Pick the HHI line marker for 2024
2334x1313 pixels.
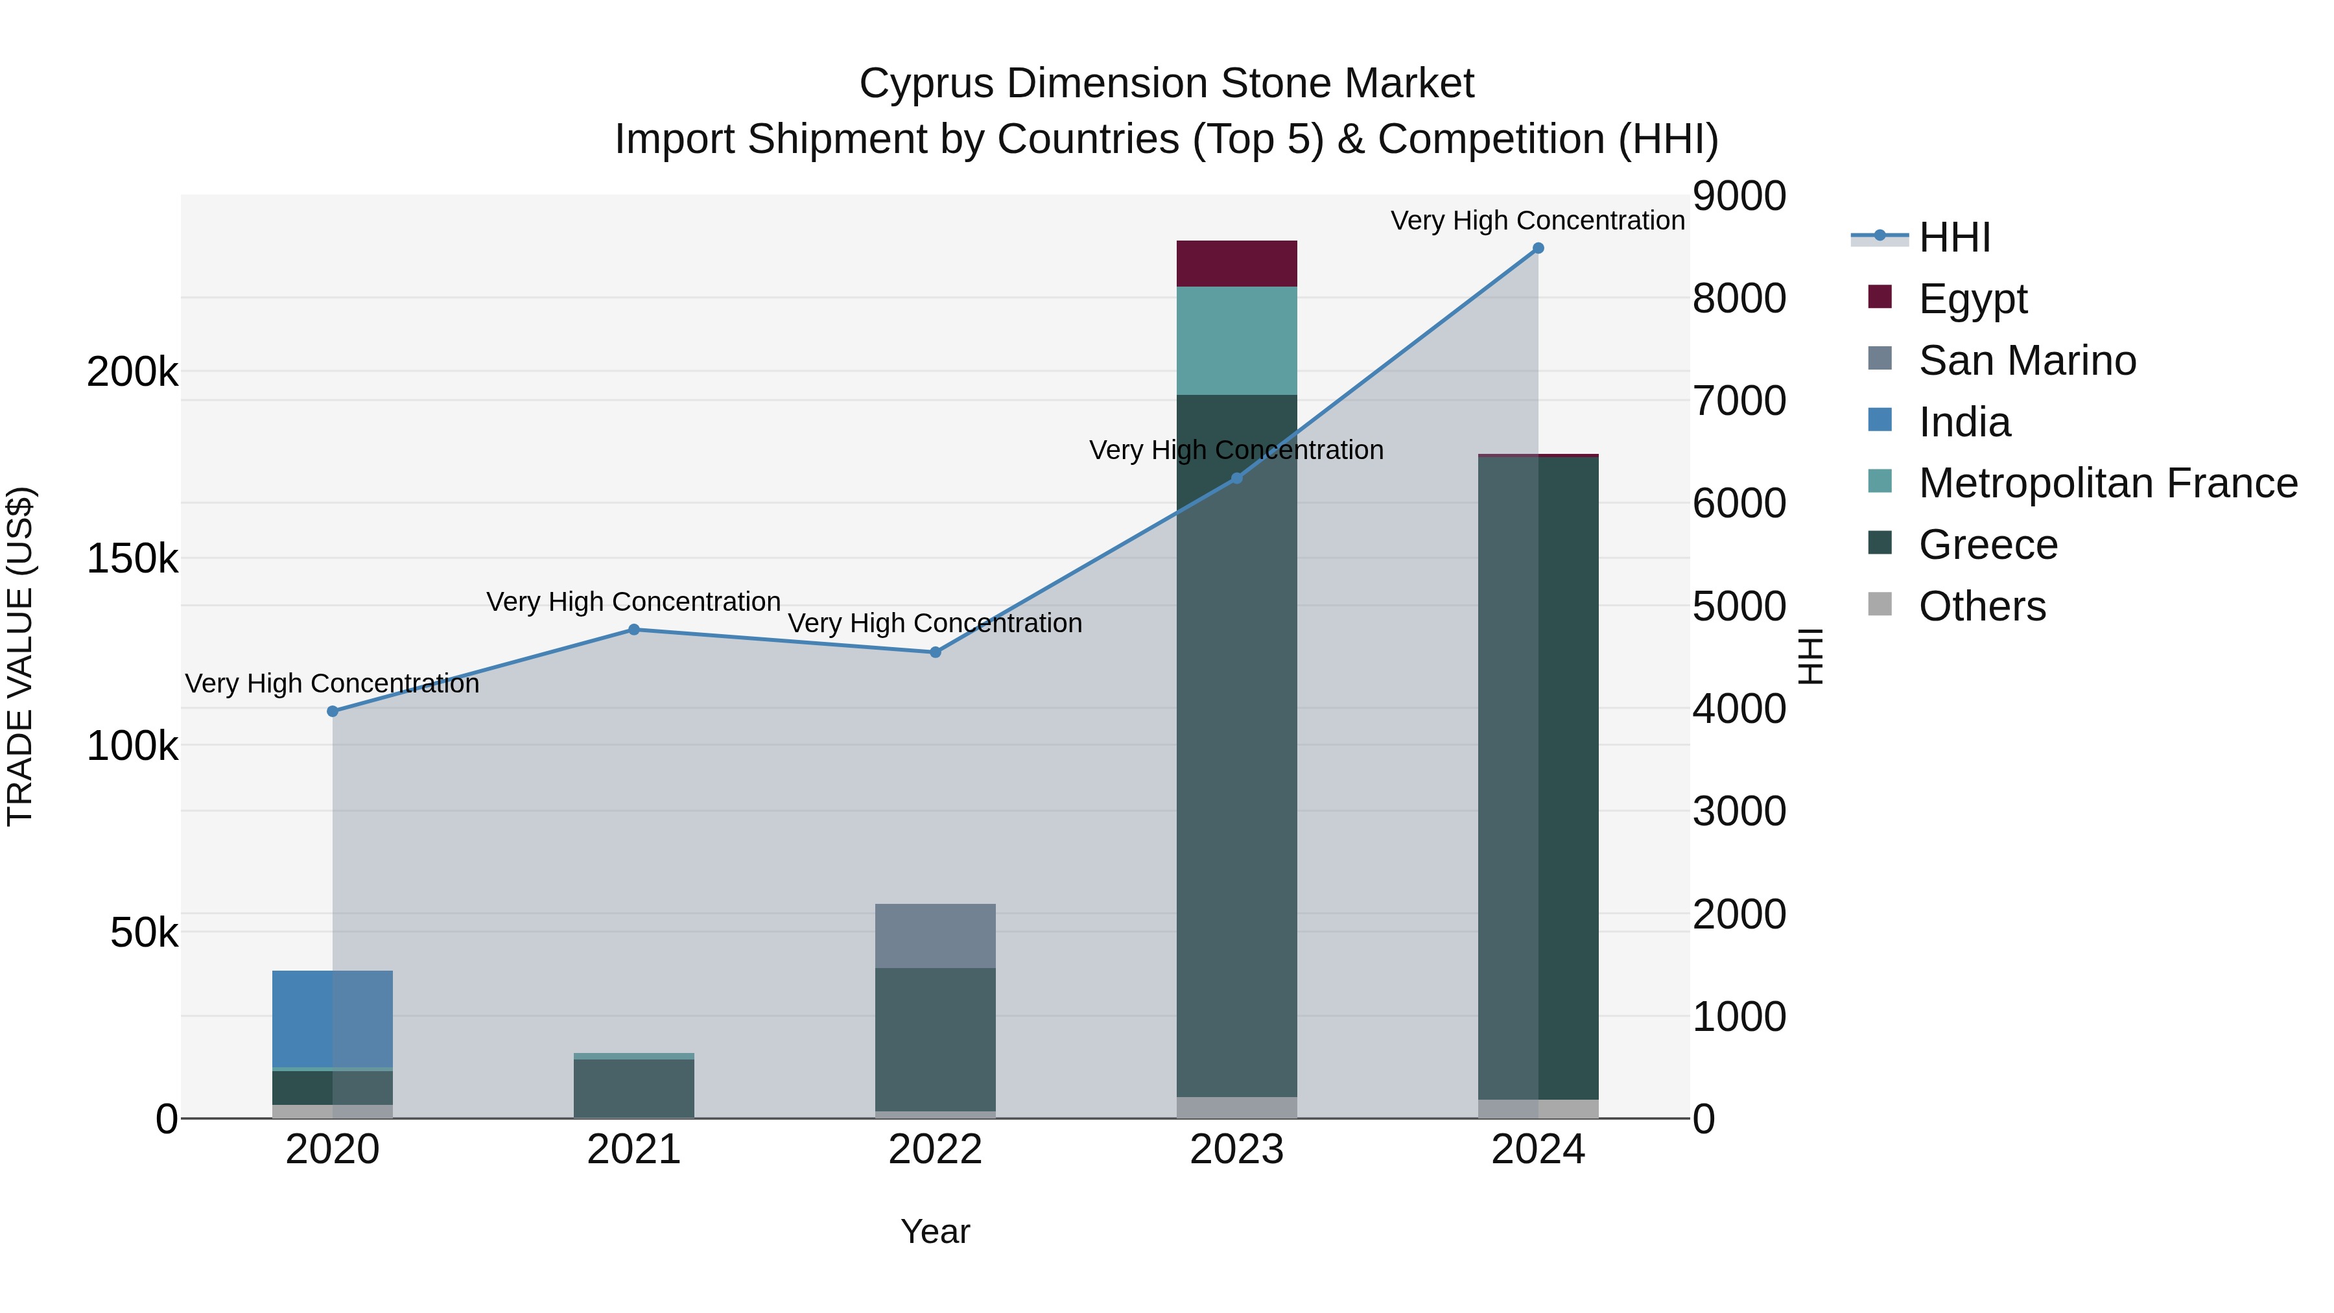1538,248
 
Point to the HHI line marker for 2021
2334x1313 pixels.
633,630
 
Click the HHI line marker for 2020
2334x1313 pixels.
333,711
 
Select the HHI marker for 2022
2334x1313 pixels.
935,652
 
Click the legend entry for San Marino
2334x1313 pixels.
2027,361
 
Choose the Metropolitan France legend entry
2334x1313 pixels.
2108,484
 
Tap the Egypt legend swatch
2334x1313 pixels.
1880,297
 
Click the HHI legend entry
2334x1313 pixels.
1954,237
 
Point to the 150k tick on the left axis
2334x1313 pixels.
132,559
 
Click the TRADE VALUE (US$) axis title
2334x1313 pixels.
20,656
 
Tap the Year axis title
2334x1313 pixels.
935,1231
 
